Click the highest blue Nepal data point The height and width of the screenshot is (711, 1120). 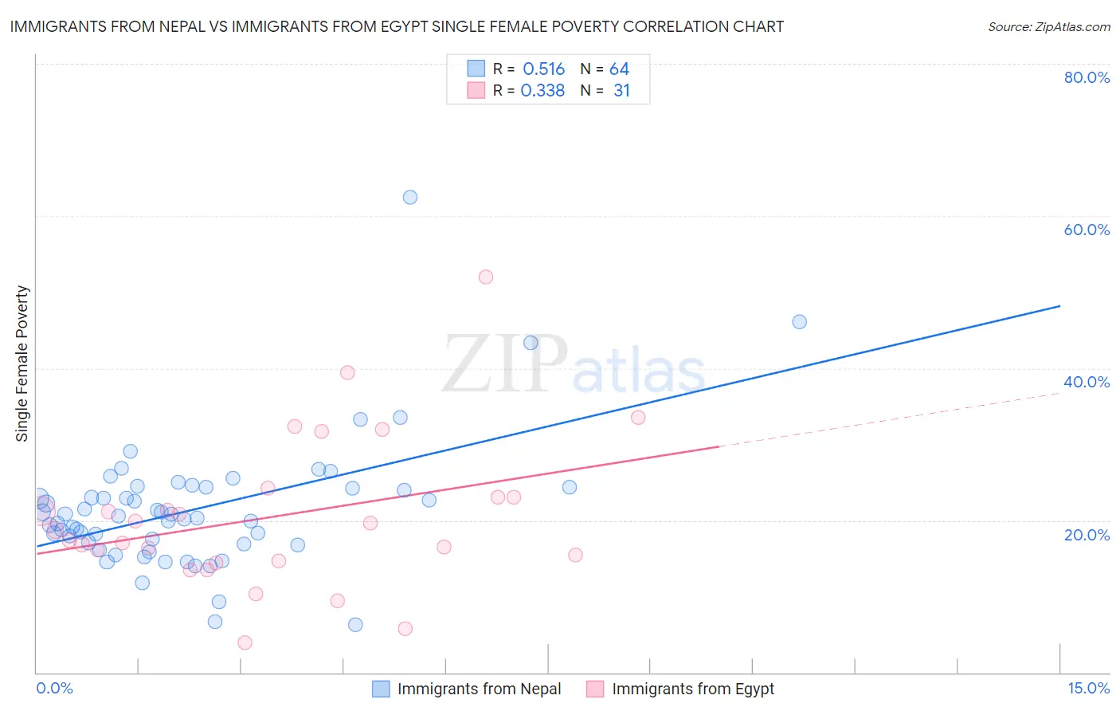[x=410, y=197]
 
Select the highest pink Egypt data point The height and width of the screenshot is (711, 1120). [x=486, y=277]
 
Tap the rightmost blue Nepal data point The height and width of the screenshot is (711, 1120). [x=800, y=322]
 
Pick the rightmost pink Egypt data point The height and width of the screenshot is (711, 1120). [x=638, y=418]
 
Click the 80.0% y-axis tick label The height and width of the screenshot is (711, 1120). [x=1087, y=77]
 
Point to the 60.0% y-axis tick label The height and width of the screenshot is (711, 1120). [x=1087, y=230]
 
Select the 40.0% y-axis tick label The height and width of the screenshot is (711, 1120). [x=1087, y=382]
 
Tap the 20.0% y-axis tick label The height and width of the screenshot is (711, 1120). [x=1087, y=535]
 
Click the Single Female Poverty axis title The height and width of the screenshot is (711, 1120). [x=22, y=363]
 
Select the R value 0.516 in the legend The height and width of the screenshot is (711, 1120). [x=543, y=69]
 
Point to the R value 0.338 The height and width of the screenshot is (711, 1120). [x=542, y=91]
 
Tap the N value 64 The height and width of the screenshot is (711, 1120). [x=619, y=69]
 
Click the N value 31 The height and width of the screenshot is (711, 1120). [x=621, y=91]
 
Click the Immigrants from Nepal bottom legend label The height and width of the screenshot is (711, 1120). [x=479, y=689]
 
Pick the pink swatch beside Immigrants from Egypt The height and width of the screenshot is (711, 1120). [x=595, y=689]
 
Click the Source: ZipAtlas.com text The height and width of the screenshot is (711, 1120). [x=1048, y=27]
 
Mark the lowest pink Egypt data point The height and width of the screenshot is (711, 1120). [x=245, y=642]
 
